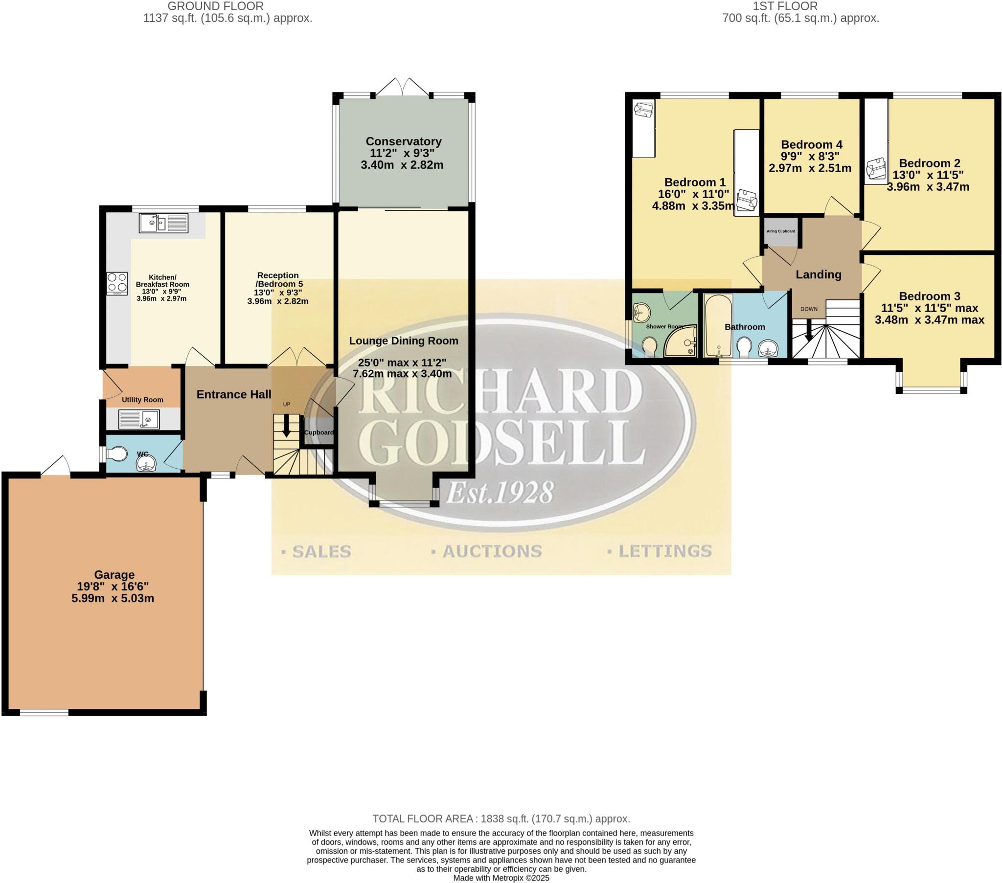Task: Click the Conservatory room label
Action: (404, 141)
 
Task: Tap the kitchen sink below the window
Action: (163, 223)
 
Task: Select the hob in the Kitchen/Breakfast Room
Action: (117, 283)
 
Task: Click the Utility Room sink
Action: (139, 419)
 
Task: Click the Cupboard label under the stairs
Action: (319, 432)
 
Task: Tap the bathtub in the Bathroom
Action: (718, 326)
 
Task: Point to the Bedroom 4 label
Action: (811, 145)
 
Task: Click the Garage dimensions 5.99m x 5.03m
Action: (113, 598)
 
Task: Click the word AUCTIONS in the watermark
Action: (492, 551)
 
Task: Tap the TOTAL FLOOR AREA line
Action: (501, 818)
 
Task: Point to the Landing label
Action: (818, 274)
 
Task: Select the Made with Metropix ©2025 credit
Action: (501, 878)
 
